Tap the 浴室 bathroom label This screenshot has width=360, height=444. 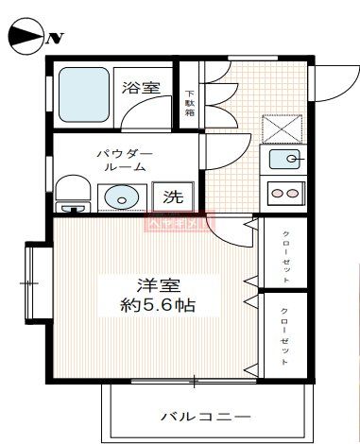140,89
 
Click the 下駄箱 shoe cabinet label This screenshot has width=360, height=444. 190,102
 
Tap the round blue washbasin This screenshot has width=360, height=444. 120,197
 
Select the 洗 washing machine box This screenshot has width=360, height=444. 173,197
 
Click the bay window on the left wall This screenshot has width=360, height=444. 36,281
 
